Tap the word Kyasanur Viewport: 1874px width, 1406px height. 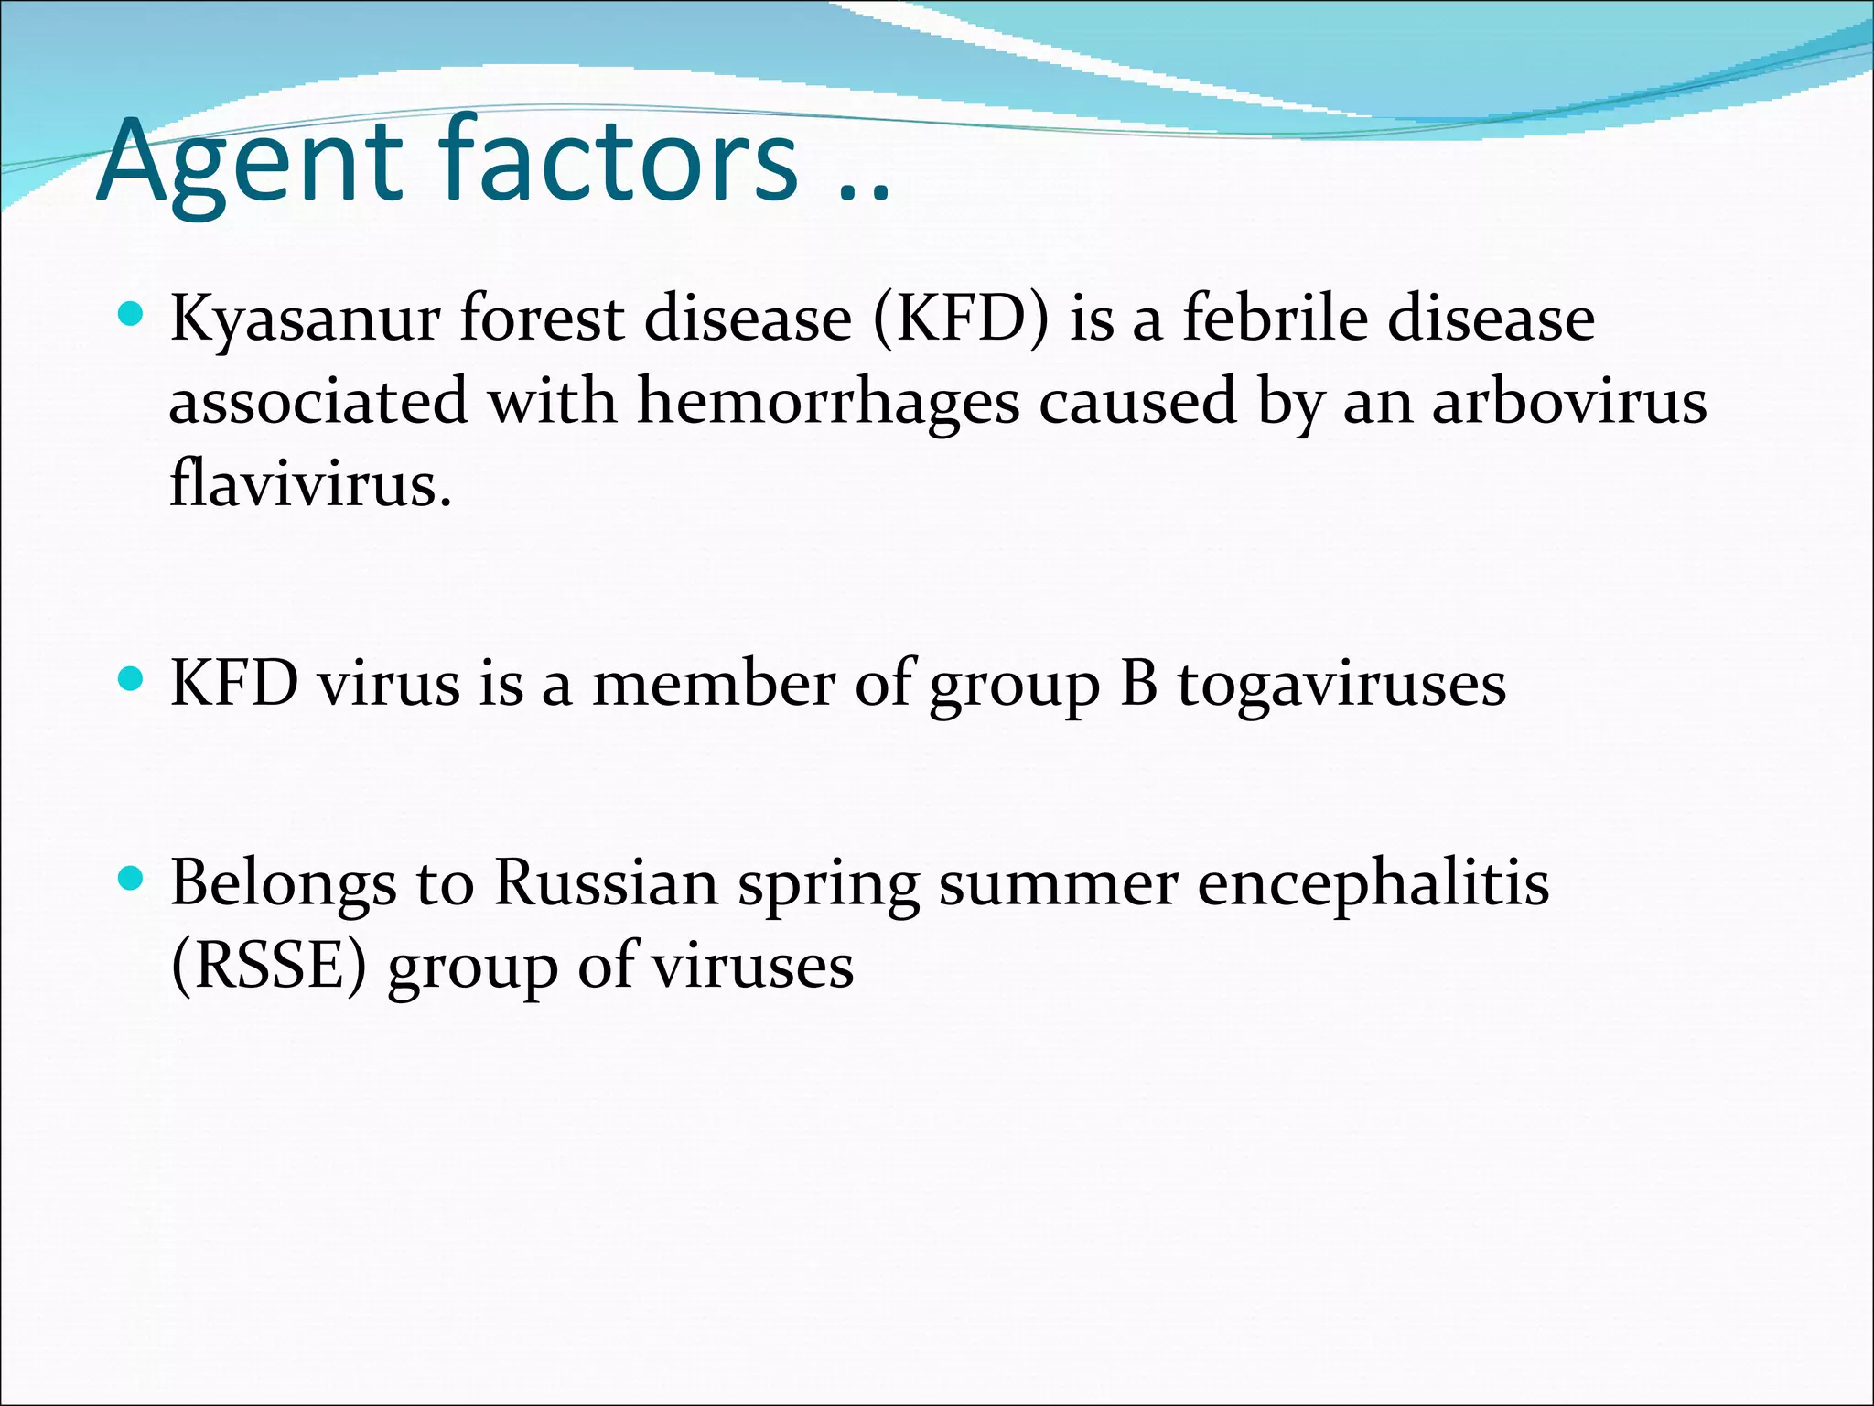pos(305,319)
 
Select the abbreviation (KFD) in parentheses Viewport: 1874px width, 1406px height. pos(961,319)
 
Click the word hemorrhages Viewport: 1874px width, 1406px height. pos(827,402)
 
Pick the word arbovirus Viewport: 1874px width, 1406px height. pos(1569,402)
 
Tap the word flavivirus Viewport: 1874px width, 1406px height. pos(311,483)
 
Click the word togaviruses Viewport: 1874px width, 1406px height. pos(1341,684)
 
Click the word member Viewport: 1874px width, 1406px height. pos(714,684)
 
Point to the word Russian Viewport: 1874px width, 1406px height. pos(607,883)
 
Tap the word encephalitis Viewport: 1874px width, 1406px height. pos(1373,883)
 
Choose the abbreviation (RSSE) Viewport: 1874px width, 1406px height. pos(269,965)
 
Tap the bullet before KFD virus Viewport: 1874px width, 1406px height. pos(132,680)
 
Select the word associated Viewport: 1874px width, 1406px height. pos(318,402)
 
